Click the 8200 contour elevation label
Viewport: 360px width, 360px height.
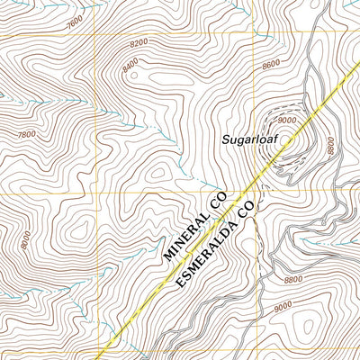[x=138, y=42]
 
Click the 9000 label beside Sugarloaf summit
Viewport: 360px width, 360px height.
[x=287, y=120]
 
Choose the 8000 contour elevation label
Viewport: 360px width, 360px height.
[x=24, y=238]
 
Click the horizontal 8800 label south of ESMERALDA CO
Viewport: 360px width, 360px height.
[x=292, y=280]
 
